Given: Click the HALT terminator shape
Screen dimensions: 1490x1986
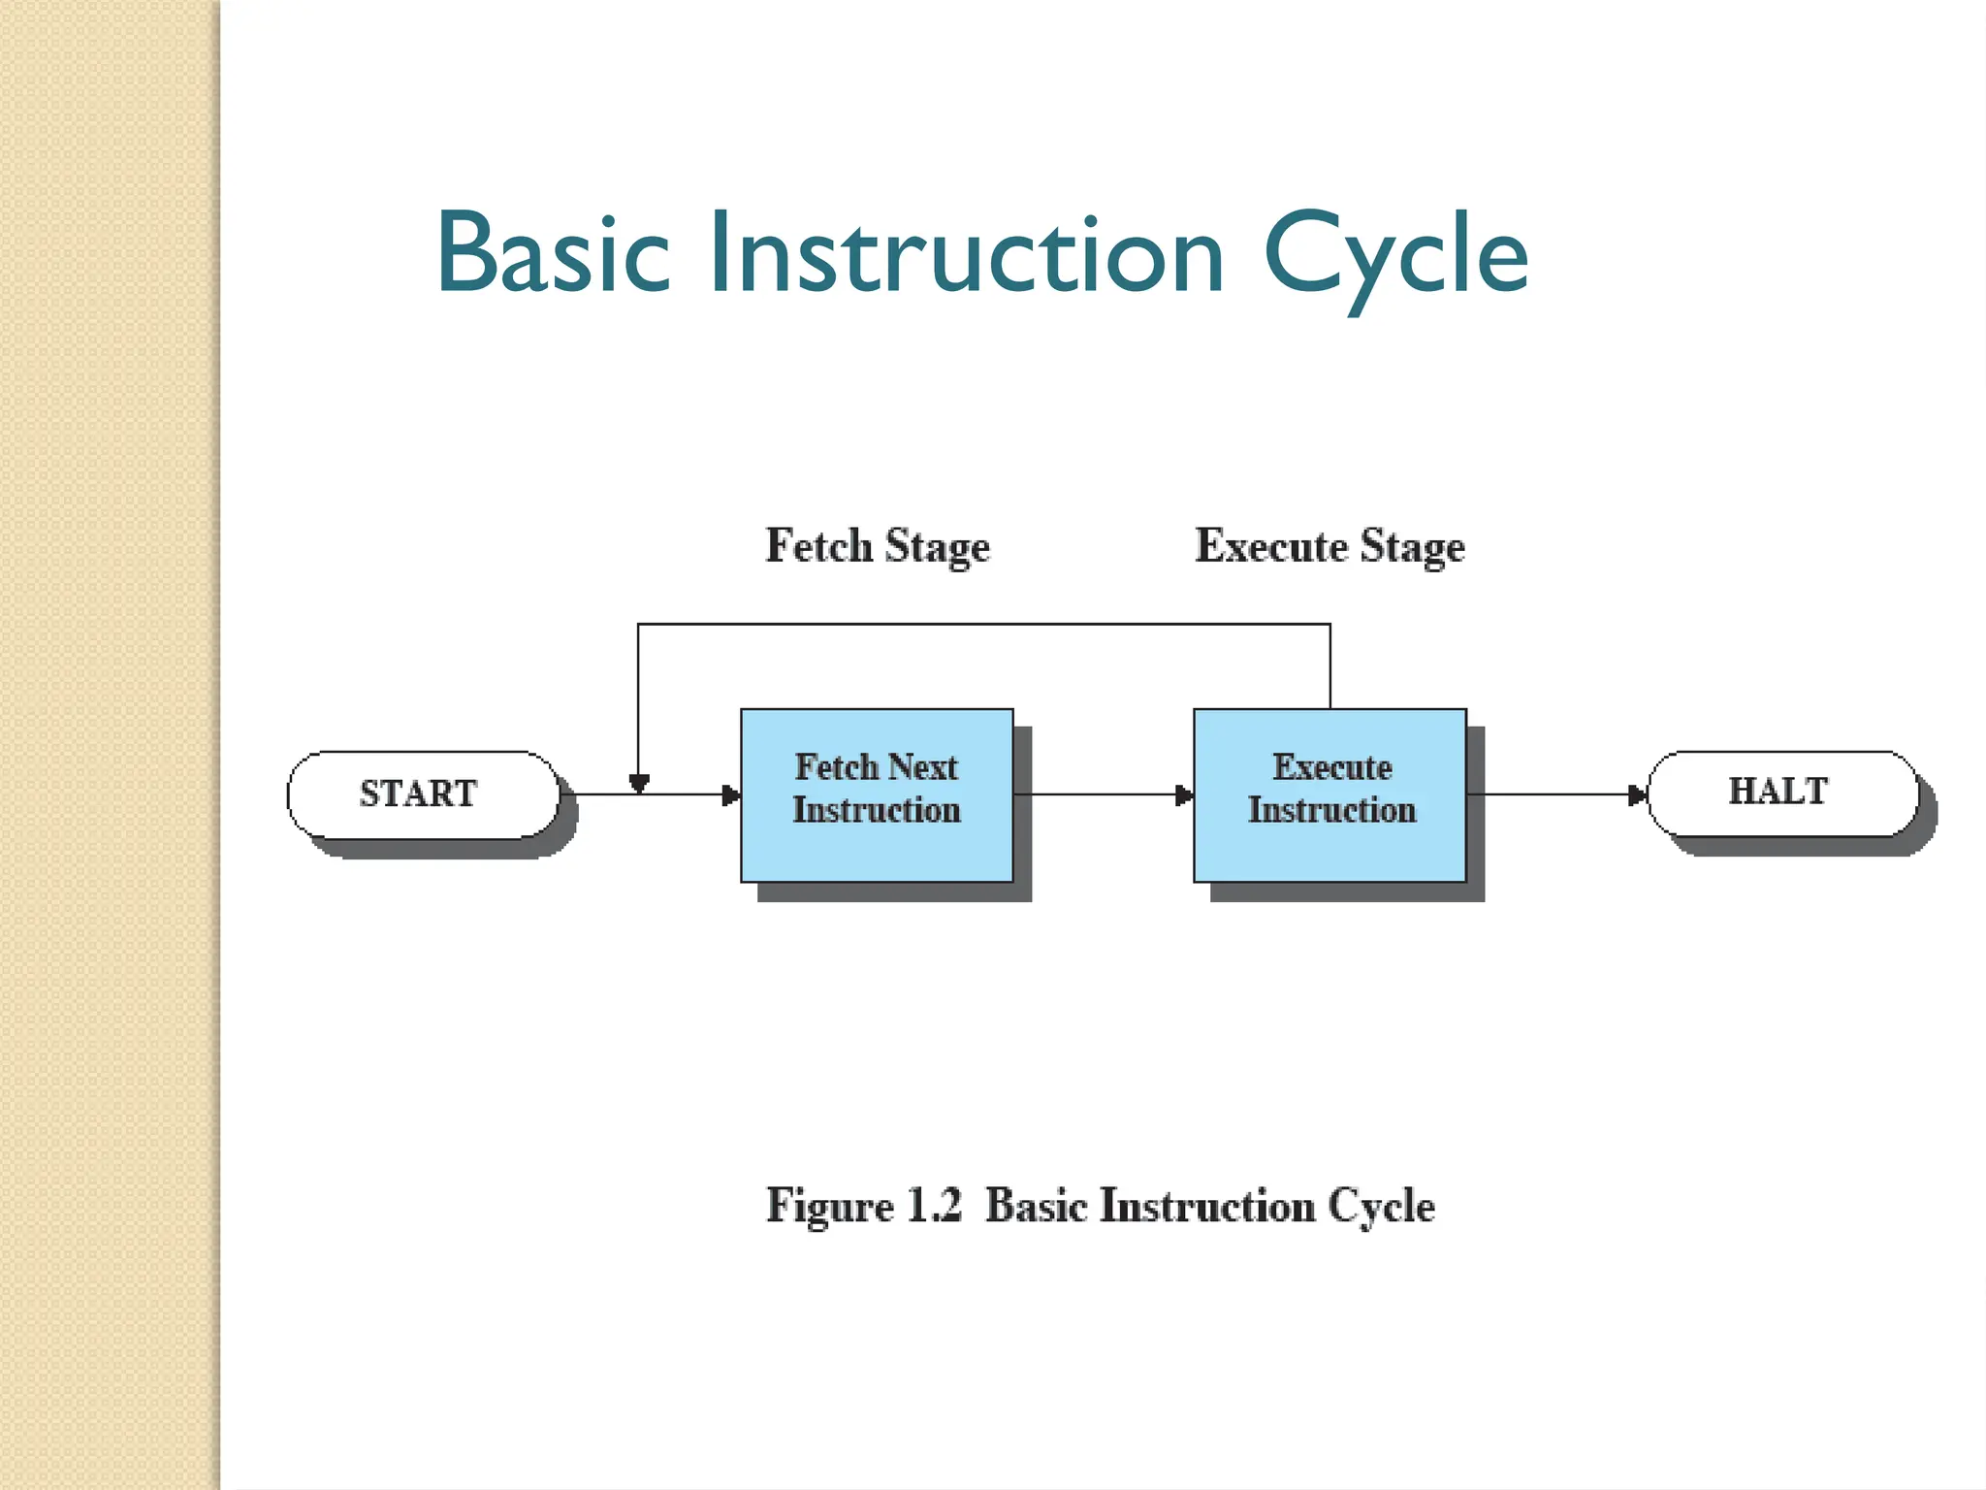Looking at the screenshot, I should point(1782,793).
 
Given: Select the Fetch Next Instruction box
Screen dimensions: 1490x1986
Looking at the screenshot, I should point(877,794).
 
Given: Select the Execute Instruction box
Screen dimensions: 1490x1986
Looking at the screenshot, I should point(1329,794).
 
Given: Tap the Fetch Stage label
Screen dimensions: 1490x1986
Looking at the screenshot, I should point(878,546).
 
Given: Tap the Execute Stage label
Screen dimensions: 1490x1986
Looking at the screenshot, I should point(1329,546).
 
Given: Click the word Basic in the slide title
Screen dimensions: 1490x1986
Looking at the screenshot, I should point(553,254).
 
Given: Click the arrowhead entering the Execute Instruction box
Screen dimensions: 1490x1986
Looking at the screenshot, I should point(1185,795).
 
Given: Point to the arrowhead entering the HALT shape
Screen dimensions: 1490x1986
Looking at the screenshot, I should point(1638,795).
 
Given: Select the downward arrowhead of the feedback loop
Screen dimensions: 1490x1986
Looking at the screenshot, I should point(638,783).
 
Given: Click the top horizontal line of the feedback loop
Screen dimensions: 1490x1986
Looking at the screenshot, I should point(983,624).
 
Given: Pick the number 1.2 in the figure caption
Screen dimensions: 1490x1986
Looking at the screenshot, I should point(934,1206).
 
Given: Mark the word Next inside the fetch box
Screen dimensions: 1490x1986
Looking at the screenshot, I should point(923,767).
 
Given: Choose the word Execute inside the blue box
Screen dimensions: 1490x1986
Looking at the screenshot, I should point(1331,767).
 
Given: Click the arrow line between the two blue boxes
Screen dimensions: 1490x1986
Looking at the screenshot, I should point(1096,794).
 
